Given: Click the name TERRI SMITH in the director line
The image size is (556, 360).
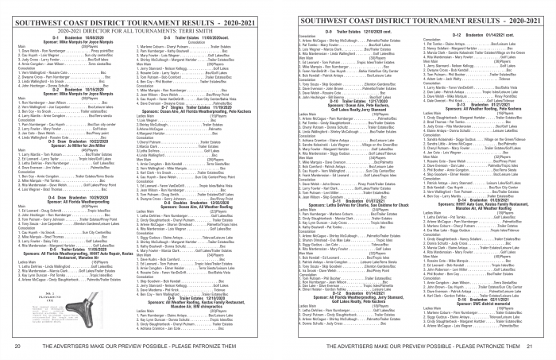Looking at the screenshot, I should (187, 29).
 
